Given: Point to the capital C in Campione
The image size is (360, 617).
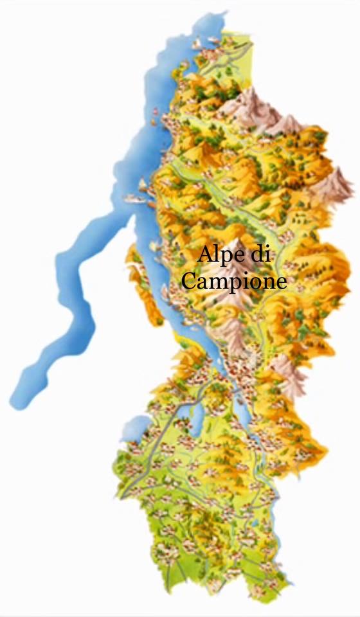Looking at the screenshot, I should click(x=189, y=281).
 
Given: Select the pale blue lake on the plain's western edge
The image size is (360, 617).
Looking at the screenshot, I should click(x=136, y=427).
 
